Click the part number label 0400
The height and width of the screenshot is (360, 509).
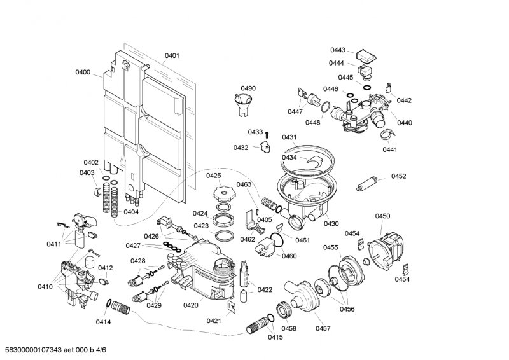(x=83, y=73)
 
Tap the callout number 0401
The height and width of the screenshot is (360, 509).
(x=172, y=56)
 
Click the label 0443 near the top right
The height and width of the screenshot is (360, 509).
(x=337, y=50)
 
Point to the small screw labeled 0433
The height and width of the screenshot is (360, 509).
(x=267, y=135)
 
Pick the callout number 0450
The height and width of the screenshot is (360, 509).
(x=382, y=216)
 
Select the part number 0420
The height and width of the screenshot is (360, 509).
(x=190, y=305)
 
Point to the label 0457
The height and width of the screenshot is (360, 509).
(x=323, y=328)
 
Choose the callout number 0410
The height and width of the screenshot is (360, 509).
(x=45, y=287)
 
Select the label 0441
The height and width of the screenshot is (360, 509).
(x=389, y=149)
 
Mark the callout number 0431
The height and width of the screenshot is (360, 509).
(x=289, y=137)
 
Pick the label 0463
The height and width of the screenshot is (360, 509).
(x=244, y=184)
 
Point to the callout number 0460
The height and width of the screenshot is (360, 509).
(x=289, y=256)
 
